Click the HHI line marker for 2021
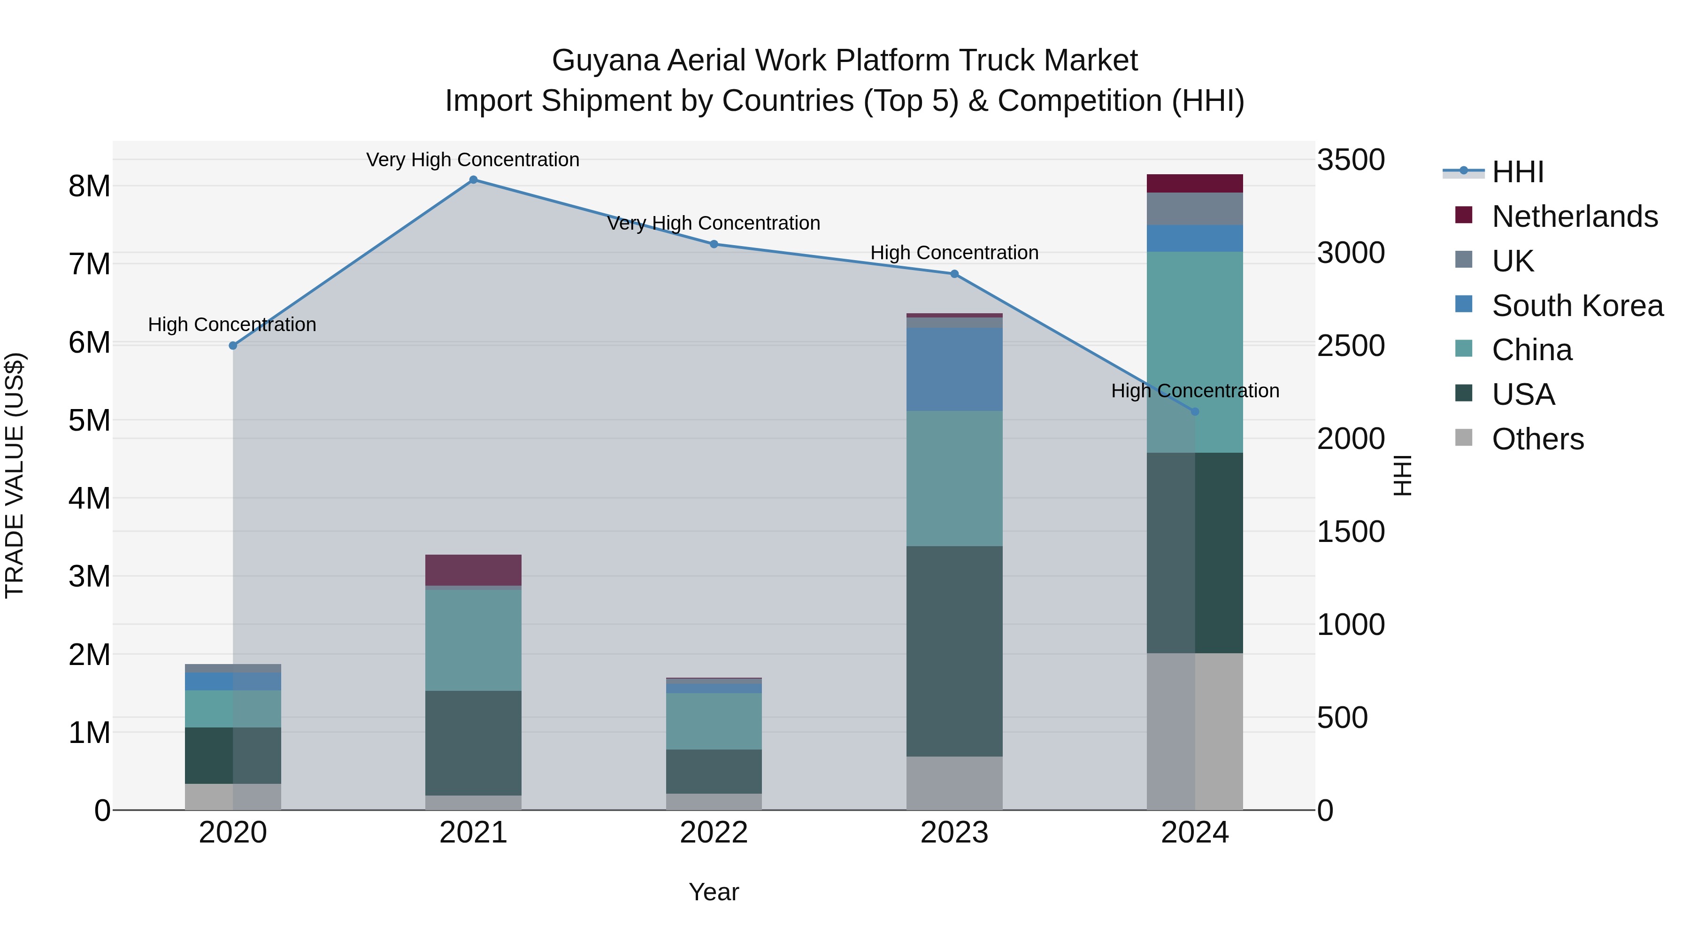point(473,180)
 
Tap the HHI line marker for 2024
point(1195,411)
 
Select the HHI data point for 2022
point(714,244)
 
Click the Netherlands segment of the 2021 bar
point(473,570)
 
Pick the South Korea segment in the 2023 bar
point(954,370)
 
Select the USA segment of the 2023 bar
point(954,650)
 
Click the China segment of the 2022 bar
point(714,720)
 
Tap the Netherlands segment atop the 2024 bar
point(1195,183)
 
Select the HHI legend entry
point(1517,172)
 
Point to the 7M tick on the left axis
point(89,264)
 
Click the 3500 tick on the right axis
point(1351,160)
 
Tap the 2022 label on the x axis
point(714,833)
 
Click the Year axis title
point(714,892)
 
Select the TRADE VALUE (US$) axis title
point(15,475)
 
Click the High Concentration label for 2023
point(954,253)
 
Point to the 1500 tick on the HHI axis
point(1351,532)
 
